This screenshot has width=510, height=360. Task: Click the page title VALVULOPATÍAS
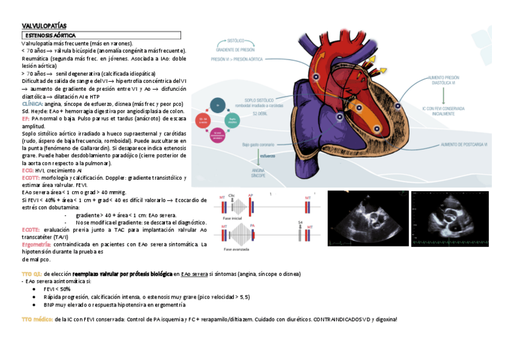pyautogui.click(x=44, y=26)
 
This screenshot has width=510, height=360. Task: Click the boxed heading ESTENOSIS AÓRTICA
pyautogui.click(x=50, y=36)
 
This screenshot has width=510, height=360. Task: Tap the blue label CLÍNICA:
pyautogui.click(x=32, y=103)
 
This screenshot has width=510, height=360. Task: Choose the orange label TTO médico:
pyautogui.click(x=37, y=319)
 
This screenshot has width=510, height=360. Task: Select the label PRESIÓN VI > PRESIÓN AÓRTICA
pyautogui.click(x=237, y=59)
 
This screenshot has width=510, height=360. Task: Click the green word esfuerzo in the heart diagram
pyautogui.click(x=268, y=155)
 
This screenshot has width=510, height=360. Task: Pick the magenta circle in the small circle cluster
pyautogui.click(x=205, y=121)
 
